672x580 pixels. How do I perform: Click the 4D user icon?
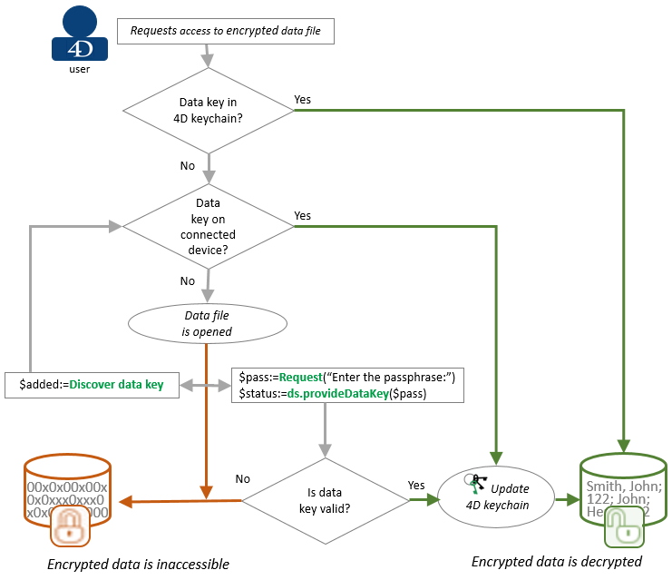tap(79, 34)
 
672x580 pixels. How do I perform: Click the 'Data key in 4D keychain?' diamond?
tap(209, 110)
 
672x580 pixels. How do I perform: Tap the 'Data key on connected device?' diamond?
tap(209, 225)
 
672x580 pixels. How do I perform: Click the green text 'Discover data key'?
tap(116, 385)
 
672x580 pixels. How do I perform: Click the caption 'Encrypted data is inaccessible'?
tap(139, 565)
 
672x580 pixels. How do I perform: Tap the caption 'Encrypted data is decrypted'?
tap(557, 562)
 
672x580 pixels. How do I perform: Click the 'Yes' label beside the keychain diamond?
tap(303, 99)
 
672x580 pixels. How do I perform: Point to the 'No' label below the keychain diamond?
tap(188, 166)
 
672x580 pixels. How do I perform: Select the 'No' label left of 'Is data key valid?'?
tap(243, 478)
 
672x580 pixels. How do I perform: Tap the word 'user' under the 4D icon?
tap(79, 68)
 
